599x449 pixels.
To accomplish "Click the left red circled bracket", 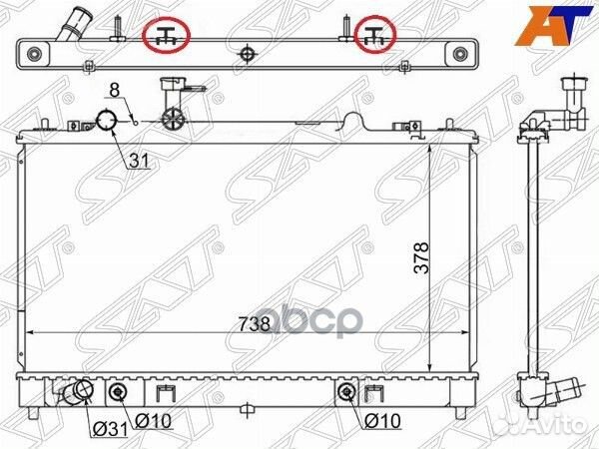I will click(x=168, y=36).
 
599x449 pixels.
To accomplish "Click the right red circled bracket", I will click(x=376, y=35).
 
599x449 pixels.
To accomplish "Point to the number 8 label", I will click(x=115, y=90).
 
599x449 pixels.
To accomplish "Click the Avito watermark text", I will click(x=565, y=427).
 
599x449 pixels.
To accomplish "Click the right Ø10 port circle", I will click(x=346, y=391).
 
